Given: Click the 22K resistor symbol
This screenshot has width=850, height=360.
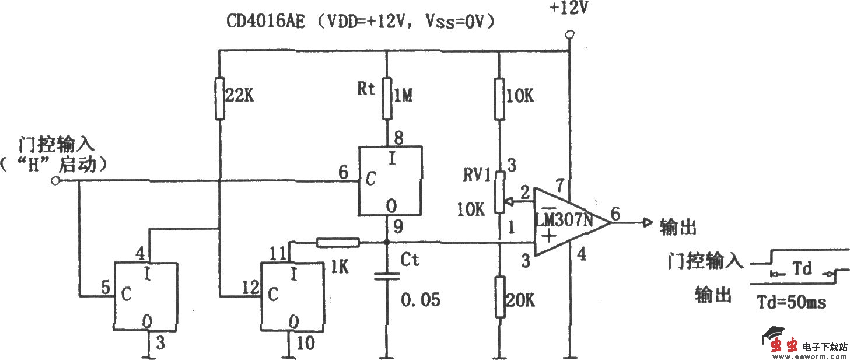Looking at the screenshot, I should pos(219,97).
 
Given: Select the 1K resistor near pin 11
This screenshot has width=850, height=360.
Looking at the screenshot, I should pos(338,242).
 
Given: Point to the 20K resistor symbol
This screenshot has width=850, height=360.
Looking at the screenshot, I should pos(499,297).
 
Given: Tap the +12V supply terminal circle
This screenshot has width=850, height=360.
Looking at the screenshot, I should pos(569,36).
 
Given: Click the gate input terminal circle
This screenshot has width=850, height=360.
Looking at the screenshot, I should pos(55,181).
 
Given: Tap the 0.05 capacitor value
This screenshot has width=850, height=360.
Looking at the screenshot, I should pos(421,300).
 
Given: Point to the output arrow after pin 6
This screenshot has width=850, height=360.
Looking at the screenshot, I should pos(646,222).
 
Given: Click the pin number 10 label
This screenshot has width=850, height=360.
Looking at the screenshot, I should pos(305,342).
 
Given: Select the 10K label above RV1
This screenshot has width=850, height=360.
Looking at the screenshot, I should pos(520,96).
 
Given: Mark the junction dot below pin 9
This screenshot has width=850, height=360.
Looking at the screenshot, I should pos(386,242).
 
